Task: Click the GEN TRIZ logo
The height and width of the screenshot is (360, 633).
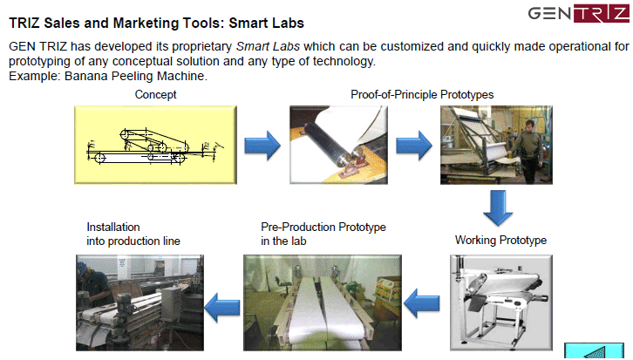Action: (x=578, y=13)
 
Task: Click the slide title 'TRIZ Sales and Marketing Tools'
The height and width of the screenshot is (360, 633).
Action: (x=114, y=23)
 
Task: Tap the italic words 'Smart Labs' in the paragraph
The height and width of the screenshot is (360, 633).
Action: (x=268, y=46)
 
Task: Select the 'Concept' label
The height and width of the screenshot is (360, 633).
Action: (x=155, y=94)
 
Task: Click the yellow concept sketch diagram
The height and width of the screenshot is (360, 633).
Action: (x=155, y=145)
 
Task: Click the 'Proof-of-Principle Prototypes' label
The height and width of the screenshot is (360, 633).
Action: (x=422, y=94)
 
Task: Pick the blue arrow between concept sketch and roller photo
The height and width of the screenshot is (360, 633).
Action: (x=262, y=145)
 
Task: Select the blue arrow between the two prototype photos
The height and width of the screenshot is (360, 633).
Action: (x=414, y=145)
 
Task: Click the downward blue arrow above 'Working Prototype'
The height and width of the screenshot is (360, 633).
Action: (x=498, y=208)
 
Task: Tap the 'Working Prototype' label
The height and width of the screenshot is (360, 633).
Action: (x=500, y=240)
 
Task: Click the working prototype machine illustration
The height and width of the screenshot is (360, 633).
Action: (x=501, y=302)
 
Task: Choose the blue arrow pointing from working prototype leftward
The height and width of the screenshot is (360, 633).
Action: (x=421, y=303)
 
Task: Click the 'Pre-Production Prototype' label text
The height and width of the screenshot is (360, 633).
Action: (x=323, y=227)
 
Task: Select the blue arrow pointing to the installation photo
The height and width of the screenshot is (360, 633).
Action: (x=222, y=308)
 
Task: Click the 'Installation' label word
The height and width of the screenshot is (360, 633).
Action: (x=113, y=227)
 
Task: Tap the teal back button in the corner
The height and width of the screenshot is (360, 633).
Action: (x=594, y=351)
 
